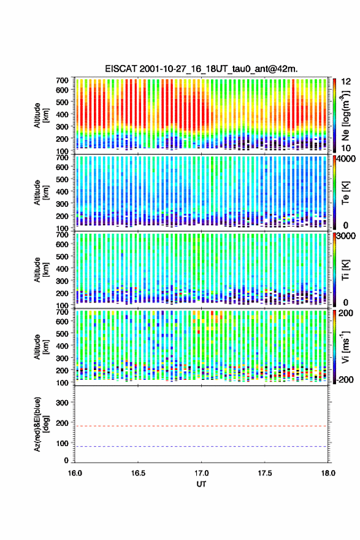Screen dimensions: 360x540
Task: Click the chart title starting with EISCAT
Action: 201,69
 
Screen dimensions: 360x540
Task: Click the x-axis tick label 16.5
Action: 138,473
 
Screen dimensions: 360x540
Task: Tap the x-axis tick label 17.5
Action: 265,473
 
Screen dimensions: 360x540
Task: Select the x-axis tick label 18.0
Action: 328,473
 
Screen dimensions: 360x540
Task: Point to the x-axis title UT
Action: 201,484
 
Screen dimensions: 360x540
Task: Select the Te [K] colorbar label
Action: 345,193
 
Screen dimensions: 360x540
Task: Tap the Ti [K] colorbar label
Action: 345,270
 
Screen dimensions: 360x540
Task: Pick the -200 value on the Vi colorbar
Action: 345,380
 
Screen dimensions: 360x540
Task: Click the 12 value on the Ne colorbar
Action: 346,82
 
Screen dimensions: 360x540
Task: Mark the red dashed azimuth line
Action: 201,426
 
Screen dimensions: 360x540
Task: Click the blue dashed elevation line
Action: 201,447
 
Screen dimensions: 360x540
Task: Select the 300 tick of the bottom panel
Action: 62,403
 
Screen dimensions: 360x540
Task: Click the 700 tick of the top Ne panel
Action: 62,80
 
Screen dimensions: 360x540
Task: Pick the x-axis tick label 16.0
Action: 75,473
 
